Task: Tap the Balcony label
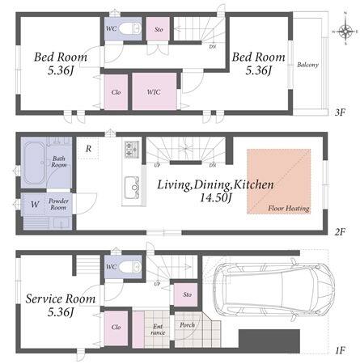[x=307, y=65]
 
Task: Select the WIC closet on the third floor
[x=155, y=91]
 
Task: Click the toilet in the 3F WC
[x=130, y=28]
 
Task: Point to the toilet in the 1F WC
[x=130, y=267]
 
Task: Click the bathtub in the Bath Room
[x=34, y=163]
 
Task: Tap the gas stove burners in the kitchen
[x=131, y=150]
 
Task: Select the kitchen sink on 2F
[x=132, y=187]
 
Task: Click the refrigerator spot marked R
[x=88, y=149]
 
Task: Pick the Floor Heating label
[x=289, y=209]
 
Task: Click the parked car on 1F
[x=273, y=289]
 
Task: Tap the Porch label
[x=188, y=325]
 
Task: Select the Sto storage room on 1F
[x=186, y=294]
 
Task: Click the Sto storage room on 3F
[x=158, y=29]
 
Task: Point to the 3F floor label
[x=341, y=112]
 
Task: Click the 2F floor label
[x=341, y=231]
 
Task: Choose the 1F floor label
[x=341, y=350]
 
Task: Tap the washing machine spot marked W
[x=35, y=205]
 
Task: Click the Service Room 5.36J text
[x=61, y=305]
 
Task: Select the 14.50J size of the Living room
[x=215, y=198]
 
